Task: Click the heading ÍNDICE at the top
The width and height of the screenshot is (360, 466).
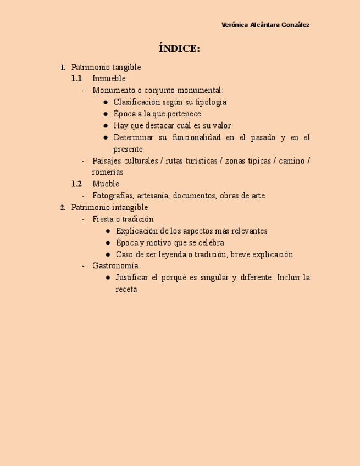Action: (x=179, y=49)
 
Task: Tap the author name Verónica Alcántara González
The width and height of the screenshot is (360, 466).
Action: (x=265, y=25)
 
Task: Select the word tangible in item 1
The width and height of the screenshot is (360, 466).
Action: (x=126, y=68)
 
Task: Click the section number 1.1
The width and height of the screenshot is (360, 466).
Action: (x=76, y=79)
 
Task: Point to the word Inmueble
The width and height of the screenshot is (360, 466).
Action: (x=109, y=79)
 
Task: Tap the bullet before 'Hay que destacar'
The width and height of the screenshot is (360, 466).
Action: (x=106, y=126)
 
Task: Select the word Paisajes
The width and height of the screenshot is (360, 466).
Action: (x=107, y=161)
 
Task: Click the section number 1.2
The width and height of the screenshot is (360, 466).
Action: (x=76, y=184)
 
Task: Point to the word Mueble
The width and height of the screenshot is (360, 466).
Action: (x=106, y=184)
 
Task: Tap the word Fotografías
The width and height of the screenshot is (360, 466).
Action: (x=113, y=196)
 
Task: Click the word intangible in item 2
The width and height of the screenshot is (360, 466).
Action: (x=130, y=208)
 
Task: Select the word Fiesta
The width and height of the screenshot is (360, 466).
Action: (x=103, y=219)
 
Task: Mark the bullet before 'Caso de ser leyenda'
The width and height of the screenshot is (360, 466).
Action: (x=108, y=254)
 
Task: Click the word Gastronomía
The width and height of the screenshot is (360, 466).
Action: (x=115, y=266)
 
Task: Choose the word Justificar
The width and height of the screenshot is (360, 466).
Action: (x=134, y=278)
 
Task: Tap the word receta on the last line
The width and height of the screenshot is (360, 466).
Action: (x=126, y=289)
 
